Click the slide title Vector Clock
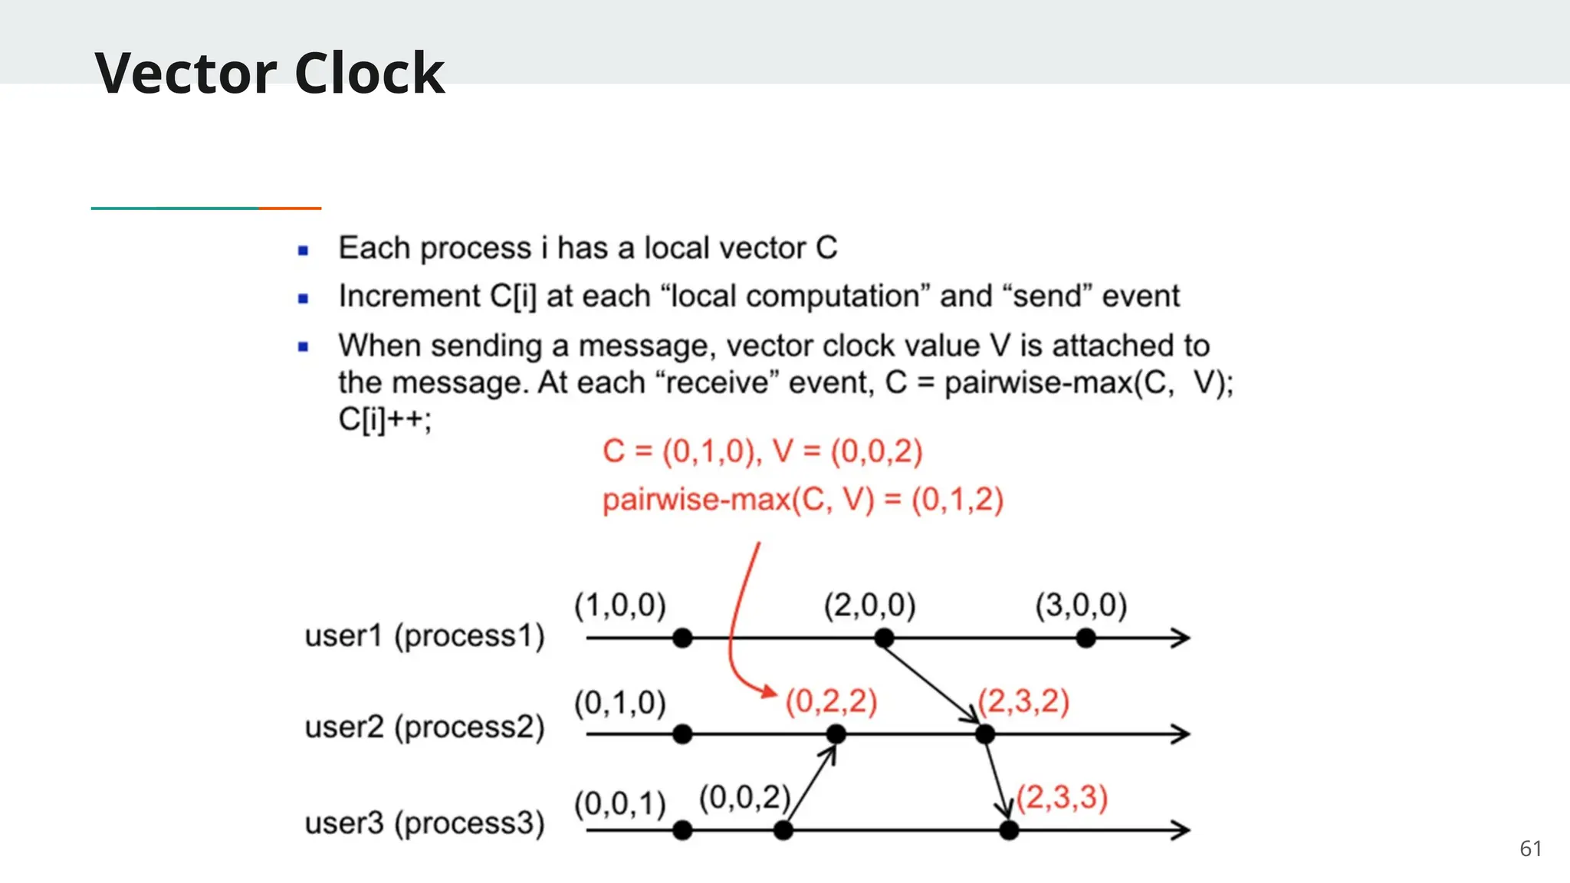coord(269,73)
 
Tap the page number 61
coord(1530,849)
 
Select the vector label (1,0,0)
coord(620,605)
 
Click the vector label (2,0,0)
coord(870,605)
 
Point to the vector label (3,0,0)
coord(1081,605)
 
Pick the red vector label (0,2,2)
coord(832,701)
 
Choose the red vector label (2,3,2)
coord(1024,701)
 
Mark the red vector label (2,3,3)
coord(1063,798)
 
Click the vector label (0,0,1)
coord(620,804)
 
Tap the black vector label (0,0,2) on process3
coord(744,798)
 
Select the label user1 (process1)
coord(425,636)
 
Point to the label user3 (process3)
coord(425,823)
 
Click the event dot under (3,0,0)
coord(1086,638)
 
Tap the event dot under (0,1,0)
coord(682,734)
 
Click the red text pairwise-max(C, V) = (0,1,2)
coord(803,501)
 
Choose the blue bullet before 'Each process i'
coord(304,250)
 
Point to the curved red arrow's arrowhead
coord(769,692)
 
